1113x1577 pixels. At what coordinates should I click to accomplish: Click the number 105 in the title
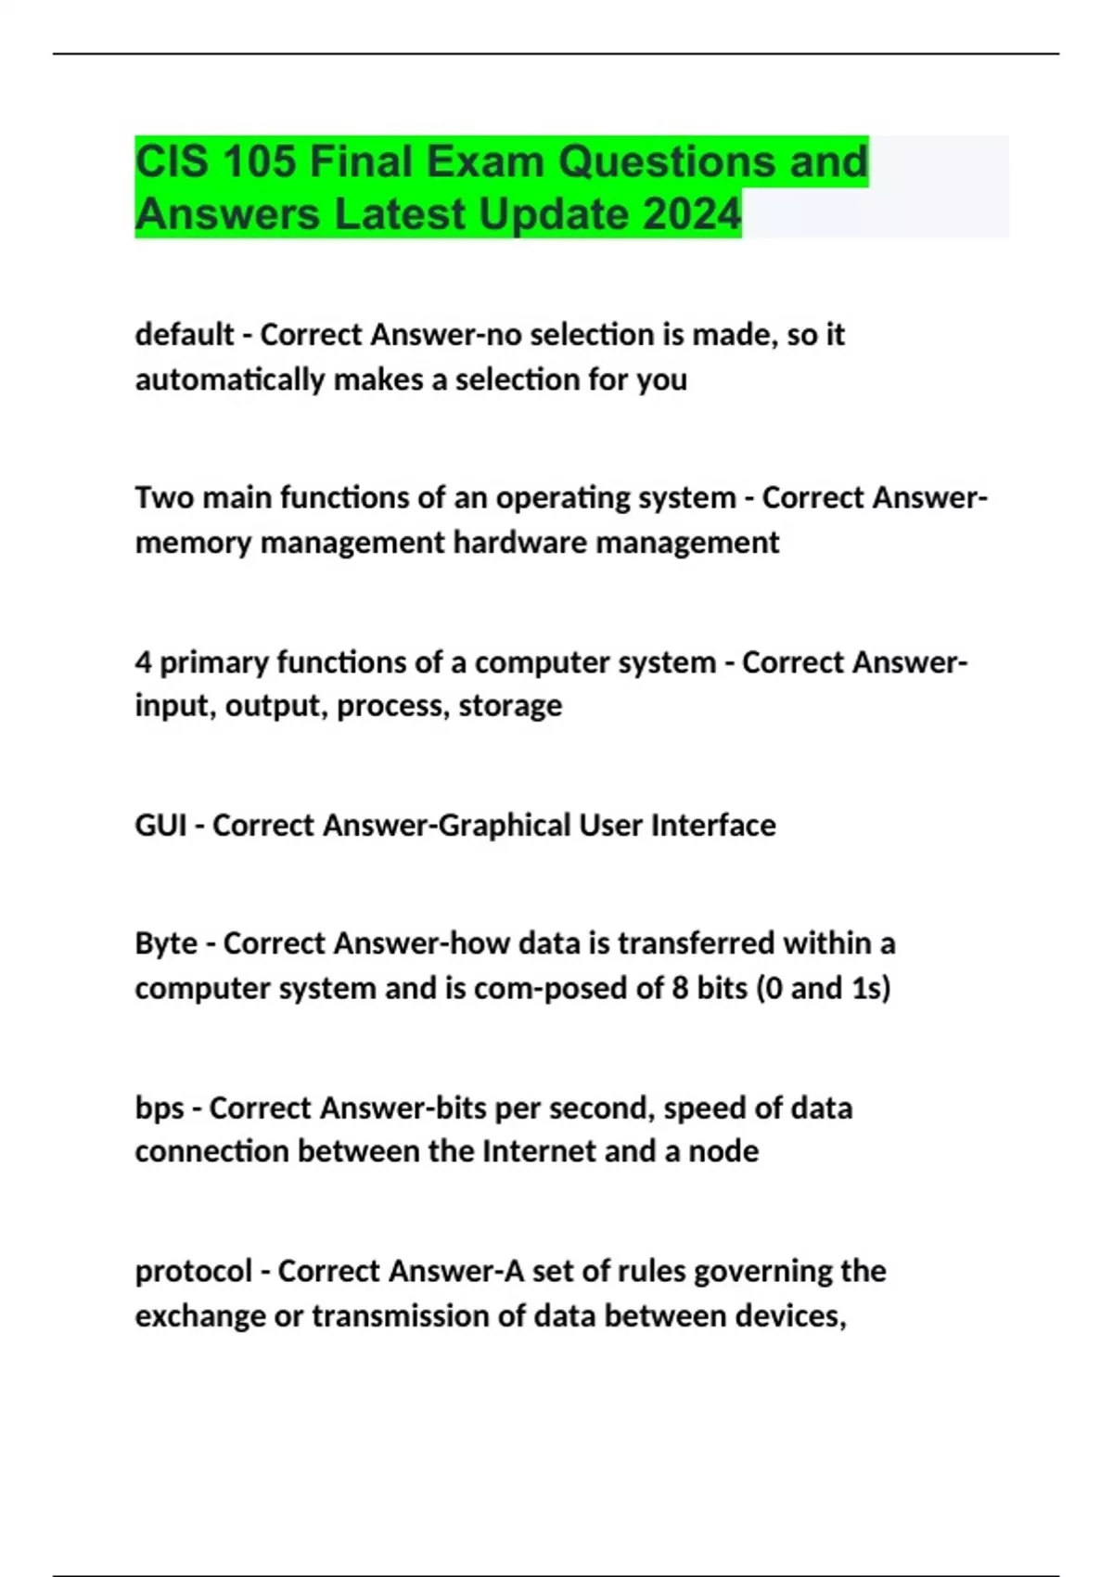click(x=259, y=161)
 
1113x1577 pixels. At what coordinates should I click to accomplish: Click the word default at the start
click(x=185, y=334)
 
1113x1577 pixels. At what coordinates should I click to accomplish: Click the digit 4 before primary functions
click(x=143, y=662)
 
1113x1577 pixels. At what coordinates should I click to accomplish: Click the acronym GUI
click(x=161, y=825)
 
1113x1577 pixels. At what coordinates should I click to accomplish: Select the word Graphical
click(x=504, y=825)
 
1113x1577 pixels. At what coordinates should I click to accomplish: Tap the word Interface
click(x=713, y=825)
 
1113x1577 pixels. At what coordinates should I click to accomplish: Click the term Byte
click(x=166, y=943)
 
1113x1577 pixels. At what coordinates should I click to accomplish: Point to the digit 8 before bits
click(x=680, y=988)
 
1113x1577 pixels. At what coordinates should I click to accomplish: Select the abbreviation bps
click(x=160, y=1109)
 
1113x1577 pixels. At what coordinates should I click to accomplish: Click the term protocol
click(x=194, y=1271)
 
